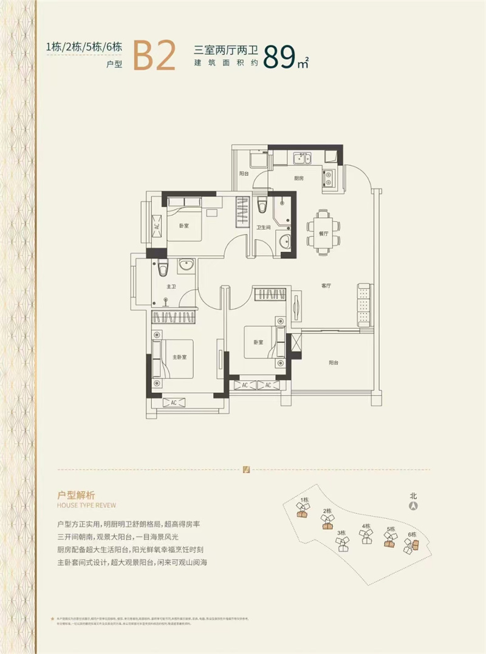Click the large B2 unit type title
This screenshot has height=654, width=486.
tap(154, 56)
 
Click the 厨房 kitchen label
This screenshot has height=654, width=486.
tap(298, 179)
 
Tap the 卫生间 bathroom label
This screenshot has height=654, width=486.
tap(263, 228)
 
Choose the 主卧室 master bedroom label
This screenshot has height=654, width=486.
tap(179, 356)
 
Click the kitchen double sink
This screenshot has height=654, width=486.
tap(301, 159)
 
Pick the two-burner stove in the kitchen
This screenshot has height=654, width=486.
tap(328, 177)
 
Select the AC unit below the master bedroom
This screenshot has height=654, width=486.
tap(173, 403)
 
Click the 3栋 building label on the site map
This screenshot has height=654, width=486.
tap(341, 533)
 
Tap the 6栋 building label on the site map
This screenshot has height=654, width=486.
tap(412, 534)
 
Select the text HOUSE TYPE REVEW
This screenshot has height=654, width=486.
tap(86, 505)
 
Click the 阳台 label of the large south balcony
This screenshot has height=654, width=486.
tap(334, 363)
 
